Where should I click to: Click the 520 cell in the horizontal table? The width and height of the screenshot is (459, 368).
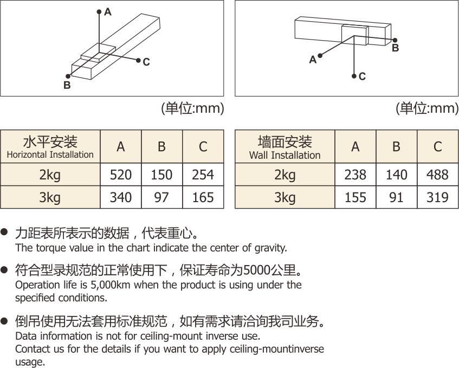click(x=121, y=175)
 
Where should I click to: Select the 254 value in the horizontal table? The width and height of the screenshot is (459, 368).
click(x=203, y=175)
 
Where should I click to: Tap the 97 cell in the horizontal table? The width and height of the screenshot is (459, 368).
click(x=161, y=197)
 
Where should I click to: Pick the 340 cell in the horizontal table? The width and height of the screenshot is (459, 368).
click(x=121, y=197)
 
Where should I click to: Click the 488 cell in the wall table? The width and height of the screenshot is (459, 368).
click(x=437, y=175)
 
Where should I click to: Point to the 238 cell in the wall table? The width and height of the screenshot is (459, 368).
click(x=355, y=175)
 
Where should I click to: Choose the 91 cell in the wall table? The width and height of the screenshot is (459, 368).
click(x=396, y=197)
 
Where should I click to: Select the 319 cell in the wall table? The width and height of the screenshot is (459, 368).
click(x=437, y=197)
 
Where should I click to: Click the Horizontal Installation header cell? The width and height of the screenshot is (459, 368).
click(x=50, y=147)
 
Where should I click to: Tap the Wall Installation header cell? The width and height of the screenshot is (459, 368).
click(x=285, y=147)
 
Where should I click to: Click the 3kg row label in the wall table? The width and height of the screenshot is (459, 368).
click(x=285, y=197)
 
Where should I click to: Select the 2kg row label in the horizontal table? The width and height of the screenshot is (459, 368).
click(x=50, y=175)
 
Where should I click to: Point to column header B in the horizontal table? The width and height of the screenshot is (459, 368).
click(x=161, y=146)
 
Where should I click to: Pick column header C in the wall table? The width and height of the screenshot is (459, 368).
click(x=437, y=146)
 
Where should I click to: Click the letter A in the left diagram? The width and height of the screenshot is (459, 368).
click(x=108, y=12)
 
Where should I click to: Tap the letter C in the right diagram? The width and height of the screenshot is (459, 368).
click(x=362, y=76)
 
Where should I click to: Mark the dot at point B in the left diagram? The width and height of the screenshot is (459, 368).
click(x=68, y=76)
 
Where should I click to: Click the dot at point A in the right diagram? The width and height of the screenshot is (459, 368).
click(x=321, y=55)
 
